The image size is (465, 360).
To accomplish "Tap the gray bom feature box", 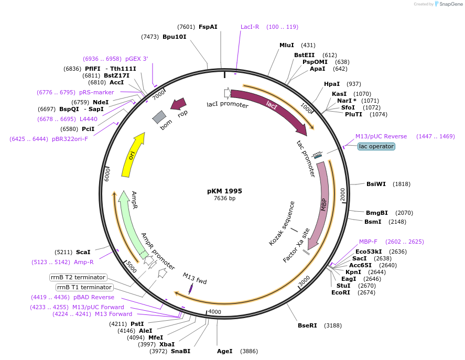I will (159, 117).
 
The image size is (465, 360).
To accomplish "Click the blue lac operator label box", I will (376, 146).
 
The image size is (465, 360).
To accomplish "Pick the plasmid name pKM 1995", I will (224, 191).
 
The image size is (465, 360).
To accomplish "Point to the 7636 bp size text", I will (224, 198).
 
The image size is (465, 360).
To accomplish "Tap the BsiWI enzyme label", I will (376, 184).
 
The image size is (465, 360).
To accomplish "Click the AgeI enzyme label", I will (224, 351).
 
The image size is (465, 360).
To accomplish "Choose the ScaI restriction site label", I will (83, 252).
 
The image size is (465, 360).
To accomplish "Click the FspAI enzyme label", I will (208, 27).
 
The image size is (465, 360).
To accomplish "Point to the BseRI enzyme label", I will (307, 325).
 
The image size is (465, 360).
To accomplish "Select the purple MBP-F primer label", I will (368, 242).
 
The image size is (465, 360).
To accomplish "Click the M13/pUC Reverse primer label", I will (381, 136).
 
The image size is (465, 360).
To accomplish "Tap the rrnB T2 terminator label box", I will (78, 277).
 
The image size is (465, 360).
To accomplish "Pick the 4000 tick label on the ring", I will (215, 312).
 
